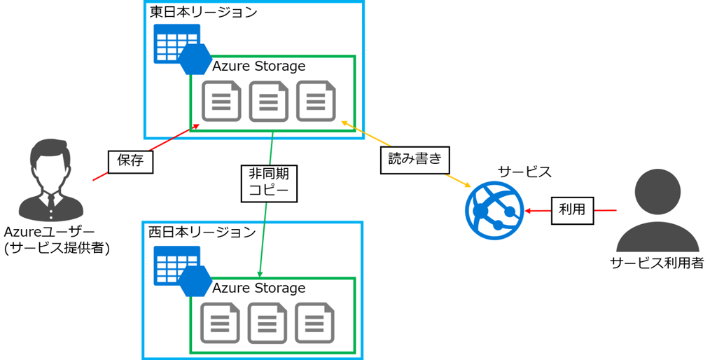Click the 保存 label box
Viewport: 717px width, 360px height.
tap(130, 161)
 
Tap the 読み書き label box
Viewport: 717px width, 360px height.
tap(415, 159)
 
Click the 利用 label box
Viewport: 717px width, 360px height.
tap(572, 210)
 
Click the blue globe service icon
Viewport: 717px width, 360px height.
tap(494, 209)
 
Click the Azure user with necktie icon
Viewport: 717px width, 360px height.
tap(51, 180)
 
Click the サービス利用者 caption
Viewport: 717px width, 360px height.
tap(657, 263)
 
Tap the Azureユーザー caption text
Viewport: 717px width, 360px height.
tap(49, 232)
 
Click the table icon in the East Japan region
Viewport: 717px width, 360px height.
tap(174, 43)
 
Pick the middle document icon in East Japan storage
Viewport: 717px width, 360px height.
tap(269, 102)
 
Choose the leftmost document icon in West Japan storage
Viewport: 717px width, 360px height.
tap(220, 323)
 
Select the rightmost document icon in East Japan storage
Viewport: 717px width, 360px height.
tap(316, 102)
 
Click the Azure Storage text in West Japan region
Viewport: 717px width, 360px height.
tap(258, 288)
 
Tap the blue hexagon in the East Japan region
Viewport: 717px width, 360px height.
tap(195, 60)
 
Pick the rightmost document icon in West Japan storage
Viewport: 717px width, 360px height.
tap(314, 323)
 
